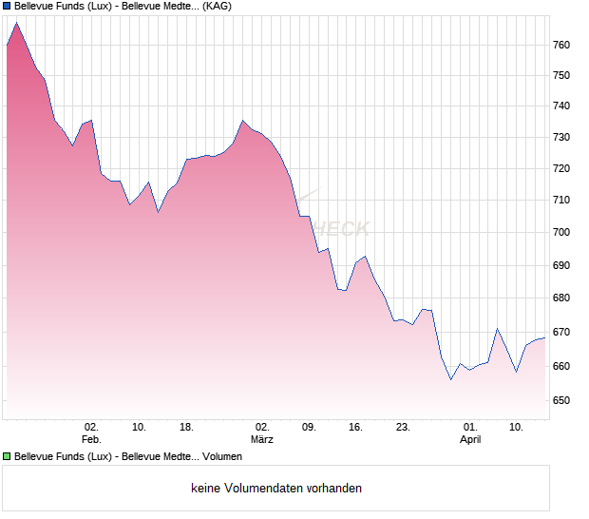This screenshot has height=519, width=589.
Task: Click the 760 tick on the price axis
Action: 561,45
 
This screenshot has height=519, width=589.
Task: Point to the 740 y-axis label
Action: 561,106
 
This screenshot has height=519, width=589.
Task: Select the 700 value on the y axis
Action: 561,233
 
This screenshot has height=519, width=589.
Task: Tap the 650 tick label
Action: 561,400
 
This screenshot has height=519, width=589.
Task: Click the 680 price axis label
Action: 561,298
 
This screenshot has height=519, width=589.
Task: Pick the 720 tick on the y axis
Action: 561,169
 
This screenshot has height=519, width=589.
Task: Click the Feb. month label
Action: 91,439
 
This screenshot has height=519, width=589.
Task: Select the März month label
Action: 262,439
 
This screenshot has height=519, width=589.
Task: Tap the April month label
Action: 470,439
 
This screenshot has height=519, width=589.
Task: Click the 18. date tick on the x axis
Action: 186,427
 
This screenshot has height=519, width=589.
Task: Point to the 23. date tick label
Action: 403,427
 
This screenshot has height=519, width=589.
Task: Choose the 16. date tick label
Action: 355,427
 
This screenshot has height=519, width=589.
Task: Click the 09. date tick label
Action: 309,427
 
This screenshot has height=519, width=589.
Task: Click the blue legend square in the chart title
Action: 7,6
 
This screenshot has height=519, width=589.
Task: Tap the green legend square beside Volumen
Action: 7,456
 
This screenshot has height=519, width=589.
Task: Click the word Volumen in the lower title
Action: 220,456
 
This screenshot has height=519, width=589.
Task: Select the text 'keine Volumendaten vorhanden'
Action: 276,489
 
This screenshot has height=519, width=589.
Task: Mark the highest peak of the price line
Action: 16,23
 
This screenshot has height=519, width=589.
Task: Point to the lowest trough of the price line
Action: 450,379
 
